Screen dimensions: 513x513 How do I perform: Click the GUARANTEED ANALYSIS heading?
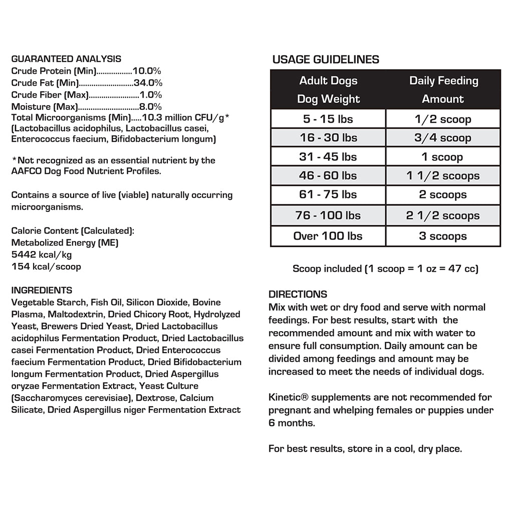coord(66,59)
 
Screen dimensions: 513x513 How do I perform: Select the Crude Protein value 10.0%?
coord(147,71)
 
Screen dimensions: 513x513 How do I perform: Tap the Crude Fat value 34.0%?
coord(148,83)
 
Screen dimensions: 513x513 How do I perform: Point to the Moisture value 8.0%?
coord(150,107)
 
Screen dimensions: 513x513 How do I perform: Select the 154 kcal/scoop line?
coord(46,267)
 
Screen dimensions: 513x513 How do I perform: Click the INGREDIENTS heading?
coord(42,291)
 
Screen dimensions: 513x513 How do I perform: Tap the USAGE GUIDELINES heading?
coord(326,60)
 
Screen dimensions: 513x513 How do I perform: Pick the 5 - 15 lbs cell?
coord(328,119)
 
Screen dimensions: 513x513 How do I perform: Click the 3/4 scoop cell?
coord(443,138)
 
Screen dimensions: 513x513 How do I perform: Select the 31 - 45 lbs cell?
coord(328,157)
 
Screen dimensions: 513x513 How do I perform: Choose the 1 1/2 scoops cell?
coord(443,176)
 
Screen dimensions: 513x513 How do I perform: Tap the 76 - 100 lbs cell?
coord(328,215)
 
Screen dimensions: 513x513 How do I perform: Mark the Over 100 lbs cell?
coord(328,236)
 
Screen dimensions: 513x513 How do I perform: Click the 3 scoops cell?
coord(443,236)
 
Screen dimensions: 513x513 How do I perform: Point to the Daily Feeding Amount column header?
coord(443,90)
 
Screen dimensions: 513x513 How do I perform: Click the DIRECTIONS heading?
coord(298,294)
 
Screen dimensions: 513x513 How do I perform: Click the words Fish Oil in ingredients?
coord(107,303)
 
